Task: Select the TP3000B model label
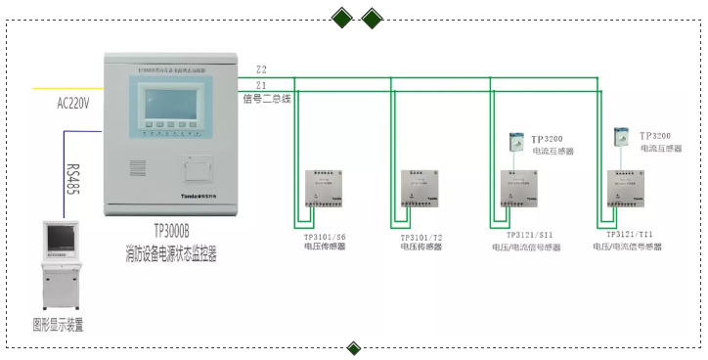(177, 232)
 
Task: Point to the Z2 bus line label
(261, 70)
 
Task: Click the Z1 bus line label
(261, 86)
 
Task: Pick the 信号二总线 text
(267, 99)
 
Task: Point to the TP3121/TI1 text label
(629, 235)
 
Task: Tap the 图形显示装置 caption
(58, 325)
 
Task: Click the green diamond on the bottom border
(354, 348)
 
